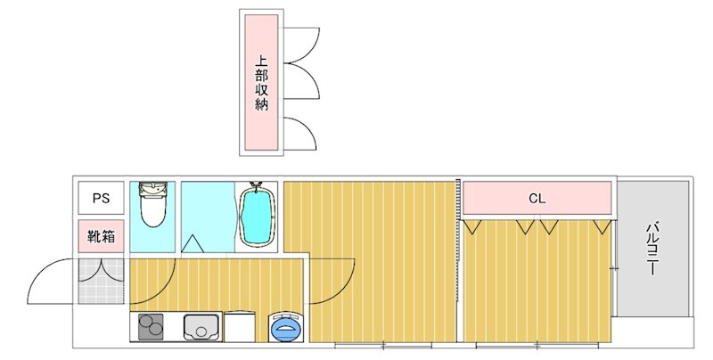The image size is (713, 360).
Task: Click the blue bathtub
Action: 258,217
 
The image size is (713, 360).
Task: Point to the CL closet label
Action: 536,198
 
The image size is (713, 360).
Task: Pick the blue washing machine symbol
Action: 286,327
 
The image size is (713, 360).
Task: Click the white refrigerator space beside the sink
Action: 241,327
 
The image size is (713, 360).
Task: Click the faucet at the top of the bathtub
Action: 258,189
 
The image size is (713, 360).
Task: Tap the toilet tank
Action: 153,190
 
